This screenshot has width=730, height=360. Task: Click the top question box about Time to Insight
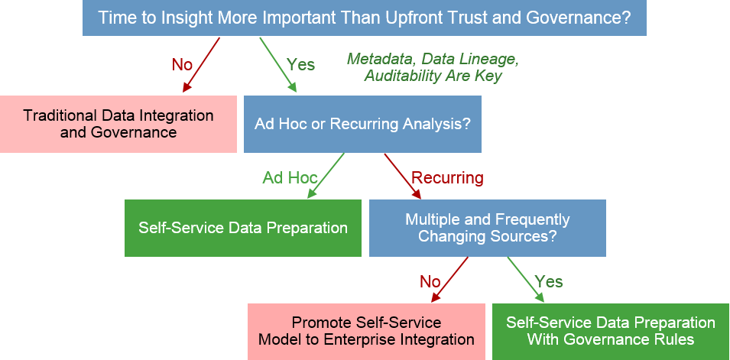(x=365, y=18)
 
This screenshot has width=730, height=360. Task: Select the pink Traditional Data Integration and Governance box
(x=118, y=124)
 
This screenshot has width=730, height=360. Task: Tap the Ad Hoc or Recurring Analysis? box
(x=362, y=124)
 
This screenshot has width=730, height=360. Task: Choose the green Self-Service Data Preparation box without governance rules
(x=243, y=228)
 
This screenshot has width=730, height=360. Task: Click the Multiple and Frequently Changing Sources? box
(x=487, y=228)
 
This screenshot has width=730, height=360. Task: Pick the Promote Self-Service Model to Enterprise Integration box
(x=366, y=331)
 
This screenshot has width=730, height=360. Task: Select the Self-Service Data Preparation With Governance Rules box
(x=611, y=331)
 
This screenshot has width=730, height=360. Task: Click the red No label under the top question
(x=182, y=65)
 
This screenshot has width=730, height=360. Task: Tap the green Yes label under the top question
(x=300, y=65)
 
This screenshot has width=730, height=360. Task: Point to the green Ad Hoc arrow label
(x=290, y=178)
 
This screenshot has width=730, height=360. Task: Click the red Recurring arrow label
(x=447, y=178)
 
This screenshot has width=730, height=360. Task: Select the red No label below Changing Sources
(x=430, y=282)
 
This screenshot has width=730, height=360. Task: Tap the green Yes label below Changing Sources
(x=548, y=282)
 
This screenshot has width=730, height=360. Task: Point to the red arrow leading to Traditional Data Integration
(x=202, y=65)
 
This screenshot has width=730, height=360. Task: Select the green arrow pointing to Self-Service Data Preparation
(x=326, y=176)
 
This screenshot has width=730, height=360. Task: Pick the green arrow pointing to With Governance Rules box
(x=525, y=280)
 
